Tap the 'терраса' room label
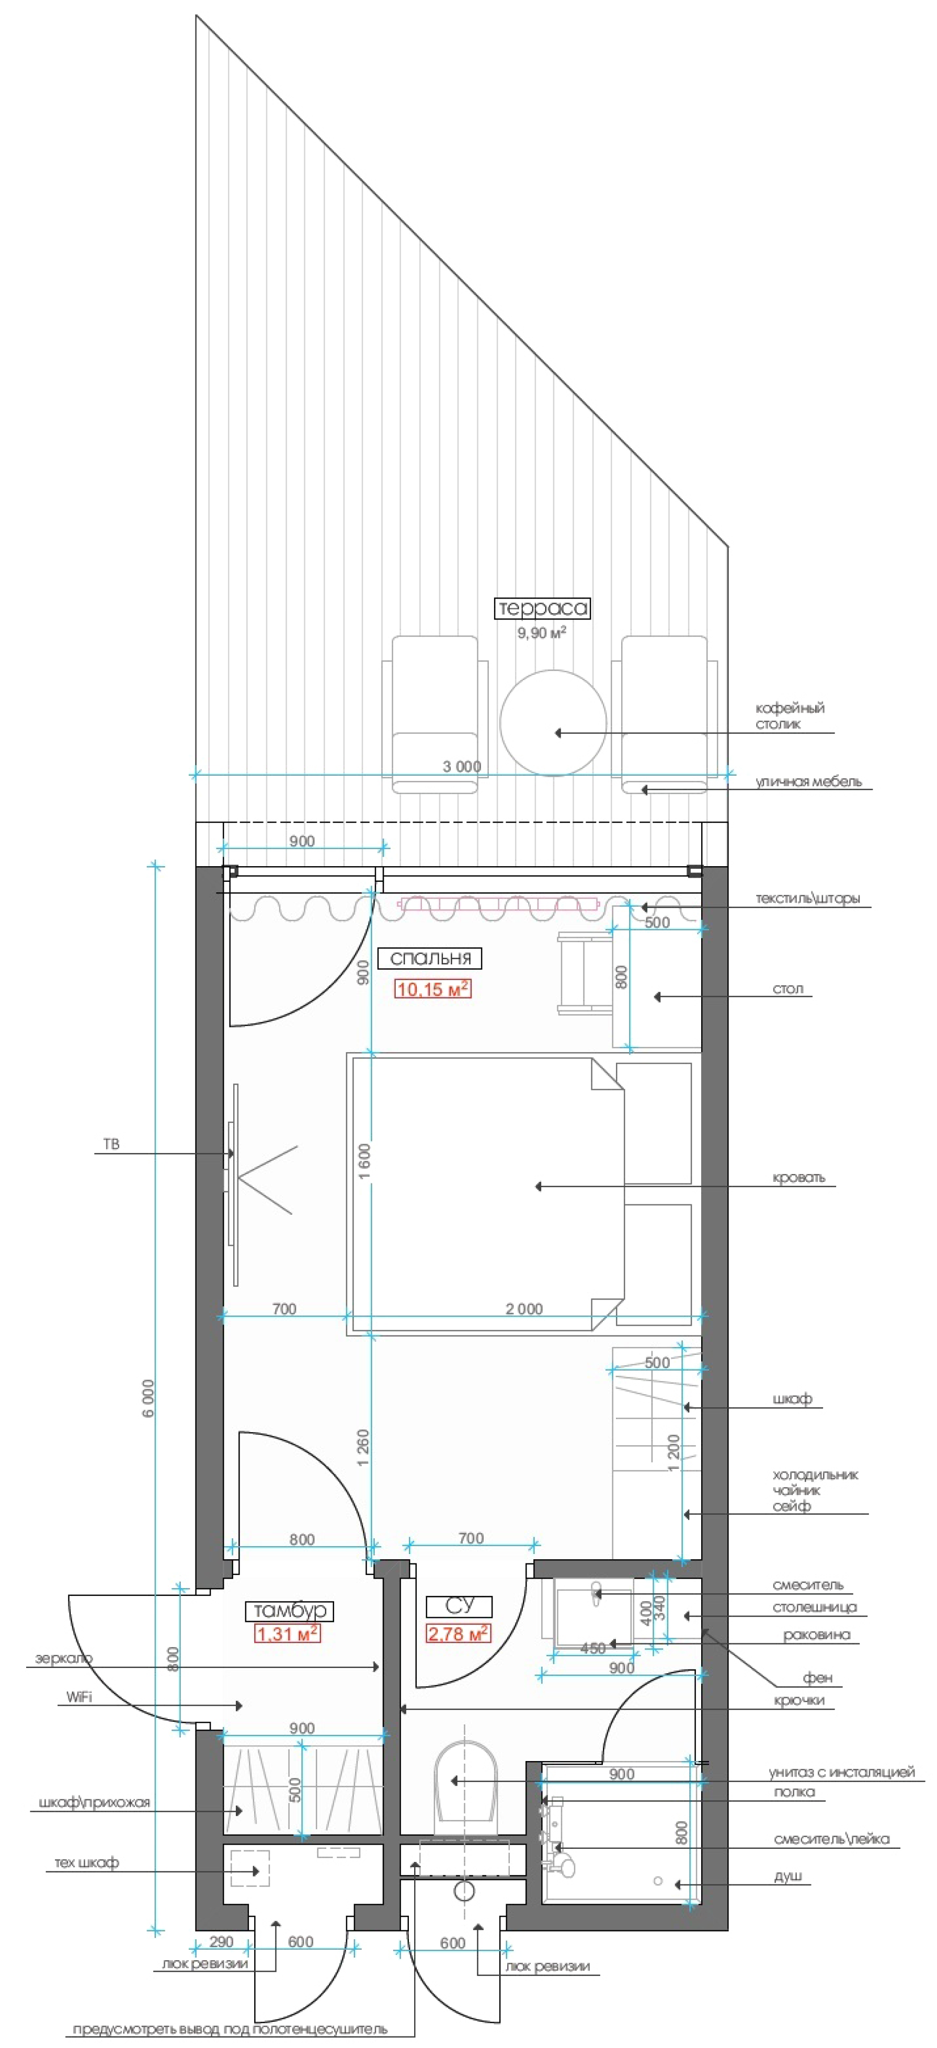(542, 608)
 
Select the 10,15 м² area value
(433, 989)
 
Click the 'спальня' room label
(430, 958)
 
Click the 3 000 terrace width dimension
(462, 766)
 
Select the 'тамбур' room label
(290, 1610)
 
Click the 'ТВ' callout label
(111, 1144)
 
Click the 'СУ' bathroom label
(460, 1605)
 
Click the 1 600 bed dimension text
(363, 1161)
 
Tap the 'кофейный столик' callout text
(789, 716)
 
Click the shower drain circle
(658, 1880)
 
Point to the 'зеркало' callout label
(64, 1659)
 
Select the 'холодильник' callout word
(815, 1476)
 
